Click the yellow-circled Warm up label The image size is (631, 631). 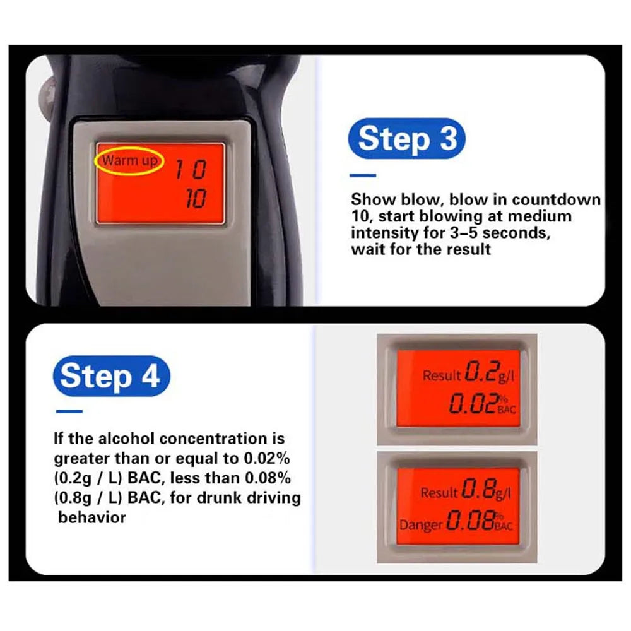click(x=129, y=161)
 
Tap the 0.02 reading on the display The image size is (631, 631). click(x=473, y=404)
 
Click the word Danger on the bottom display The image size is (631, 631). click(x=421, y=524)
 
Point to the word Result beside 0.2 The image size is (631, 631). click(x=441, y=376)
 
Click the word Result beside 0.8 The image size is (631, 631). click(x=438, y=493)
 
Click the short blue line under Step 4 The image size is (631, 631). click(x=69, y=411)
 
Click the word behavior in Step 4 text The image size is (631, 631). click(x=92, y=518)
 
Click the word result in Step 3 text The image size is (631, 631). click(x=467, y=249)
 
